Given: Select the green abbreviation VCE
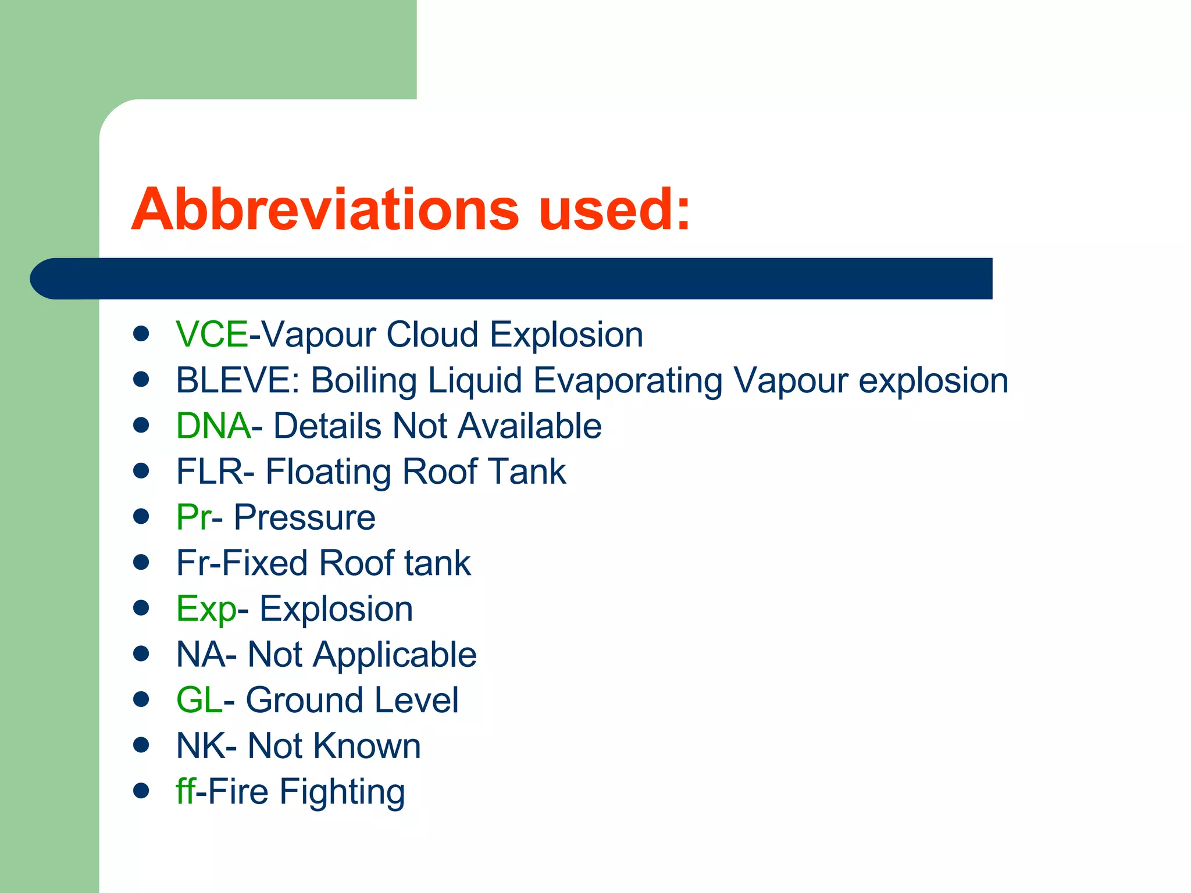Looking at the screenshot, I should tap(212, 335).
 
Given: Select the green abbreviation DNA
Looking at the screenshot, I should tap(213, 426).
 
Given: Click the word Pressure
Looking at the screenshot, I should tap(304, 517).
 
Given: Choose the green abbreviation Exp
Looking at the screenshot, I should tap(206, 609).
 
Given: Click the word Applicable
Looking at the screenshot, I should tap(395, 655).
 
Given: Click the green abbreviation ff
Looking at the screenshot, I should tap(185, 791).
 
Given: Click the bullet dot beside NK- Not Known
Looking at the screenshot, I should tap(141, 745).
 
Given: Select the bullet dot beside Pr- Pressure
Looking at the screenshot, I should tap(141, 516).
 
